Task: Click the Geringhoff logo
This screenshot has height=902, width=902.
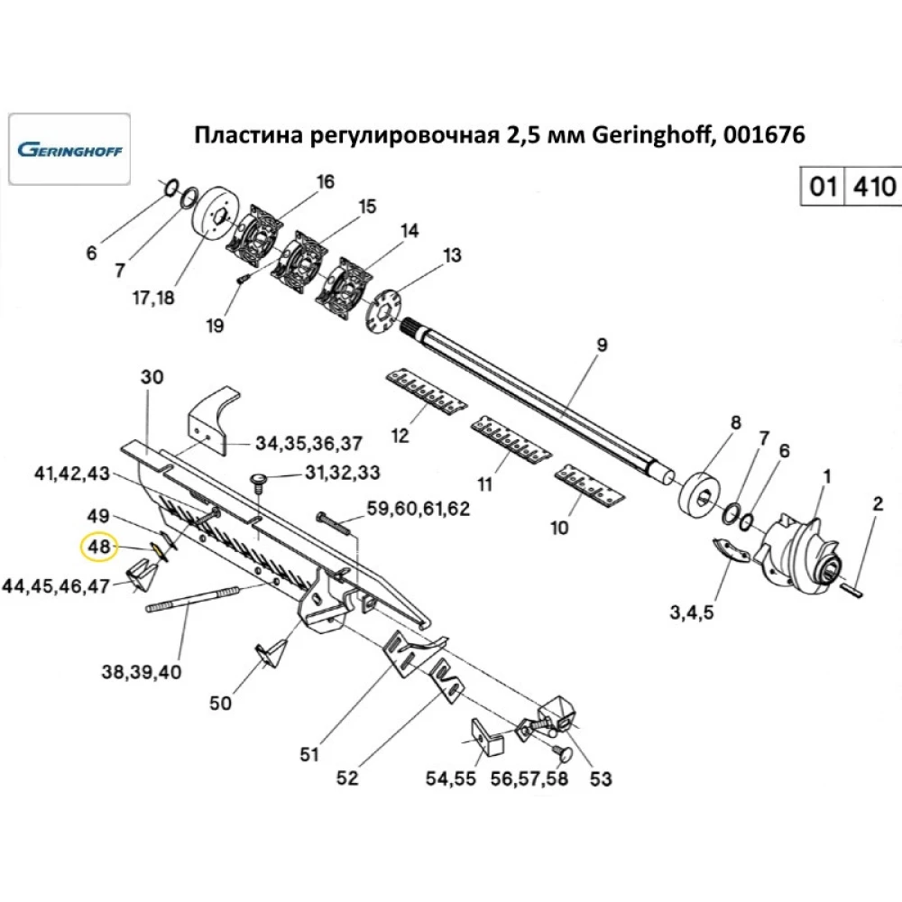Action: click(x=69, y=149)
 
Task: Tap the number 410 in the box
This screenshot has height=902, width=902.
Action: click(x=873, y=188)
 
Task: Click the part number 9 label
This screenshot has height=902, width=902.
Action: click(x=603, y=345)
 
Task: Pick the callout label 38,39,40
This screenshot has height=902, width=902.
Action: click(x=142, y=672)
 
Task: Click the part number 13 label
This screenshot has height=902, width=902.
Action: click(x=451, y=256)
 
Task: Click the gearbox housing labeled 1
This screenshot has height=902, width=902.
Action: click(x=799, y=550)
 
